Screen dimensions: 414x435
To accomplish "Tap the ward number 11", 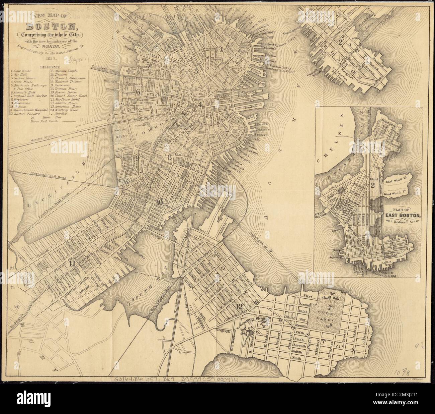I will pos(72,263).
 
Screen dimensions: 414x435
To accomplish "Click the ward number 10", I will pos(159,202).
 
